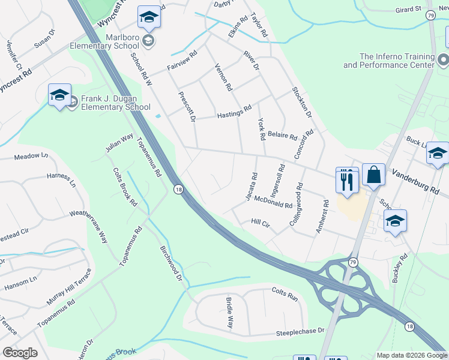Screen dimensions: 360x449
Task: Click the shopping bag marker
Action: pos(373,176)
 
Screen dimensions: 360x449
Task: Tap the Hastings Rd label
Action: pos(234,112)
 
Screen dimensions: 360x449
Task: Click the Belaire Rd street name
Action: pos(282,136)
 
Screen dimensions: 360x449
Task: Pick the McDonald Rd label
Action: pos(273,202)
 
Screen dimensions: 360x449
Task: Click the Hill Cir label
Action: pos(261,223)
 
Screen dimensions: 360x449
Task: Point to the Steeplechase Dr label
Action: pos(300,331)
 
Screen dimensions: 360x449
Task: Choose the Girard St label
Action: pos(408,10)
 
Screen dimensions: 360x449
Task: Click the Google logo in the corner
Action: pos(20,353)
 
